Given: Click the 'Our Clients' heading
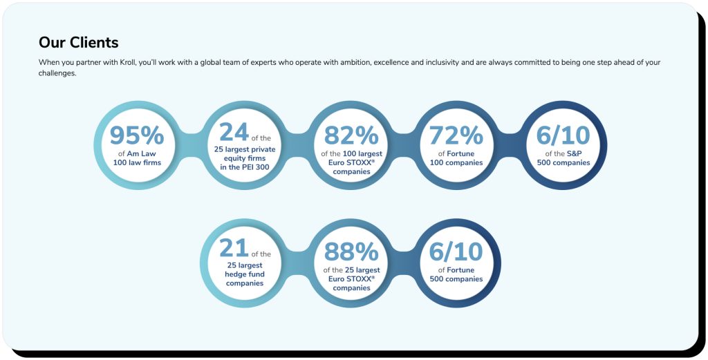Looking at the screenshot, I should pyautogui.click(x=79, y=42).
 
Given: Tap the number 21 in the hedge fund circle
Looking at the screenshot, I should pyautogui.click(x=234, y=248).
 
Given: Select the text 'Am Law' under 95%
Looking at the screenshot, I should pyautogui.click(x=142, y=153).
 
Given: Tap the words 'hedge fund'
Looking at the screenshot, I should pyautogui.click(x=244, y=274).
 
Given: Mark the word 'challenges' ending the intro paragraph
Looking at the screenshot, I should pyautogui.click(x=57, y=73).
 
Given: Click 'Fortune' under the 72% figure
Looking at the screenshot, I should pyautogui.click(x=460, y=153).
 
